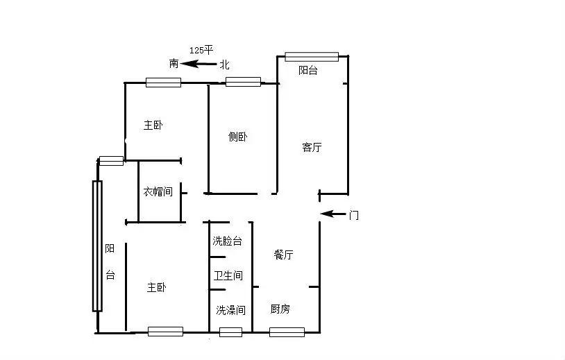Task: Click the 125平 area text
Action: [201, 51]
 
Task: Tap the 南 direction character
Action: [174, 64]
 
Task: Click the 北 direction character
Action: [224, 65]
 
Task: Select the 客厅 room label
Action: [312, 147]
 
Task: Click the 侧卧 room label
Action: [238, 137]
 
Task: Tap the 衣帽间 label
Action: [158, 191]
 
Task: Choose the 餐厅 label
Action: [283, 255]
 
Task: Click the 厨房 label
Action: [280, 309]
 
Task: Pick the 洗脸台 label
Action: [228, 241]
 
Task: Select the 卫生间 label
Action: [228, 275]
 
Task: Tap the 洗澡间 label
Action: [230, 310]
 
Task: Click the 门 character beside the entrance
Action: [354, 215]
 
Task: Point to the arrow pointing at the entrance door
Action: [333, 214]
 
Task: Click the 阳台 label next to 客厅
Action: [308, 70]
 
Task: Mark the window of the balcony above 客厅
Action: [312, 57]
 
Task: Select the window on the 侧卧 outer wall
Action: [243, 82]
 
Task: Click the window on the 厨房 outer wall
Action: [287, 332]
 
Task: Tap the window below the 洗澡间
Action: [230, 332]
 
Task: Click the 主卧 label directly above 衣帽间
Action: [153, 126]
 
